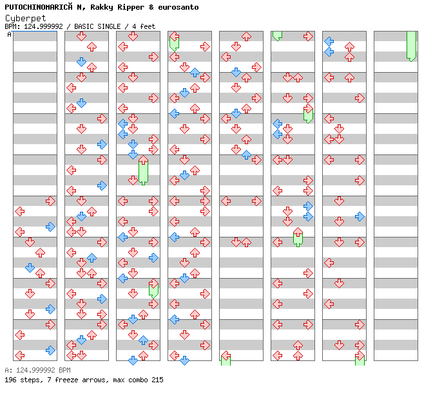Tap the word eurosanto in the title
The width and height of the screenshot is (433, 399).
click(178, 7)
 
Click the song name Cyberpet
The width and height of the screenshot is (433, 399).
click(25, 18)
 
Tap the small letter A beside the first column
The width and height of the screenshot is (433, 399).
click(9, 34)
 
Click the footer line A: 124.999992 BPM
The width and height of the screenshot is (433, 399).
click(37, 371)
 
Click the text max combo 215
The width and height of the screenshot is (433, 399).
click(137, 380)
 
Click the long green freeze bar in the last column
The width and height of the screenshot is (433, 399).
click(411, 45)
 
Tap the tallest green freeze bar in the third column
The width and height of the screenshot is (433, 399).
click(143, 171)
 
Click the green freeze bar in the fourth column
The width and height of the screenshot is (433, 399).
click(174, 42)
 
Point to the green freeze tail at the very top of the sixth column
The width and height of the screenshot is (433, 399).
click(277, 35)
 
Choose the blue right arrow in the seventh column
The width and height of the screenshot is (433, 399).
click(360, 216)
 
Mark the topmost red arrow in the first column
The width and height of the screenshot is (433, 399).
click(50, 201)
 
